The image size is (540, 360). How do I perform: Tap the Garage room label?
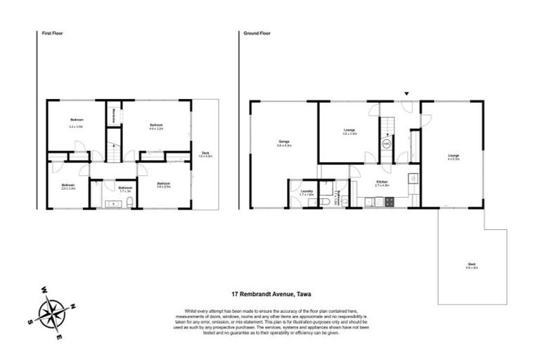[284, 141]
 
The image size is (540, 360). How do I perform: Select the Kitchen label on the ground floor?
[382, 182]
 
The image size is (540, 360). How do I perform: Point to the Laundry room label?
[306, 191]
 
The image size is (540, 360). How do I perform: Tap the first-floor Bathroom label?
[125, 188]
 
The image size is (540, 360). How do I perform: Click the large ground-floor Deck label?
[472, 264]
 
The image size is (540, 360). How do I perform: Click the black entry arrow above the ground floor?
[406, 94]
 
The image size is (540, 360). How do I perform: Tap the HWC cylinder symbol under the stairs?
[386, 143]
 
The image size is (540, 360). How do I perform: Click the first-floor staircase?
[112, 152]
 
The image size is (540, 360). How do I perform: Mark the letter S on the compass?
[30, 323]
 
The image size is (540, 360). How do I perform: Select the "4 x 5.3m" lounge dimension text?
[454, 160]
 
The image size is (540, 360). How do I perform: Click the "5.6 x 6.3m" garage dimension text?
[284, 146]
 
